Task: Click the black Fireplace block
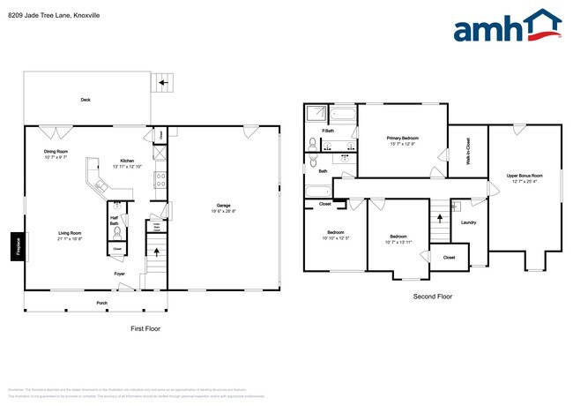coord(17,246)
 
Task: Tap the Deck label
coord(86,100)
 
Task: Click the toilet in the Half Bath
coord(115,234)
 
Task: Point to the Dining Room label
coord(56,152)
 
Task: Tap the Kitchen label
coord(127,161)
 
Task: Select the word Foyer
coord(119,274)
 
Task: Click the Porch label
coord(102,303)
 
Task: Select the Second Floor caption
coord(432,297)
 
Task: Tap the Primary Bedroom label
coord(402,139)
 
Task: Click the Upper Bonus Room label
coord(524,176)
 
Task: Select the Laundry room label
coord(468,222)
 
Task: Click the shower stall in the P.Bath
coord(316,115)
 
